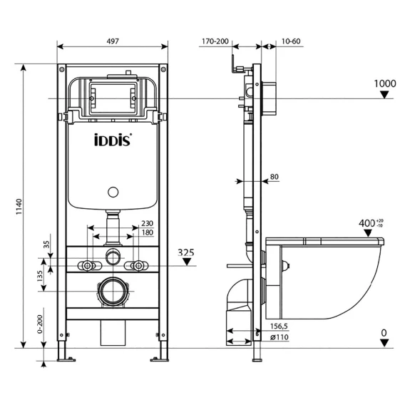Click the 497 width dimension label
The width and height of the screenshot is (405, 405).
point(113,41)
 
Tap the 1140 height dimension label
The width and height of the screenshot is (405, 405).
point(19,207)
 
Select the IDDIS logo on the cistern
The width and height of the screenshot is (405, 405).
point(113,140)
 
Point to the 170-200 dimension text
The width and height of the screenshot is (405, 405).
point(215,41)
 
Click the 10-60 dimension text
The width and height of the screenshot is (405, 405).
point(291,41)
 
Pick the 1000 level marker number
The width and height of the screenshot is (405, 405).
point(385,83)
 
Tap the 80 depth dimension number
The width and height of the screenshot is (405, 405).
point(275,177)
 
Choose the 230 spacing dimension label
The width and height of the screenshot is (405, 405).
point(147,223)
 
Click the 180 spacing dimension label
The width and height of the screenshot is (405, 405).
point(148,232)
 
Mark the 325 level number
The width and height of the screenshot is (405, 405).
point(186,252)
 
